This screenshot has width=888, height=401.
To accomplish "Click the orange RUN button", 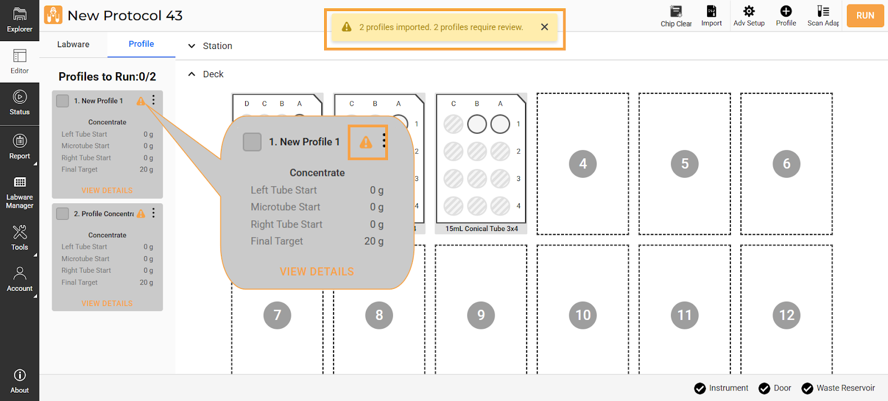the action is coord(865,16).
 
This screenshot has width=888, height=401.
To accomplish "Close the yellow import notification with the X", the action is coord(544,27).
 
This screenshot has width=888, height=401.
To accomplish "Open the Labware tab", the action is coord(73,44).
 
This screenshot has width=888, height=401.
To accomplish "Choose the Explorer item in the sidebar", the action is coord(19,20).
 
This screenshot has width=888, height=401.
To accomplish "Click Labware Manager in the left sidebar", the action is coord(19,193).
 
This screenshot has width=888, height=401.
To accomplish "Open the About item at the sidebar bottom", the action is coord(19,381).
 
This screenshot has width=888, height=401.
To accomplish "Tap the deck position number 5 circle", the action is coord(685,163).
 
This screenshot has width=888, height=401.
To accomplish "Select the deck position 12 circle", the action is coord(786,315).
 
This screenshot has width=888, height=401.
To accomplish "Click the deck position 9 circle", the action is coord(481,315).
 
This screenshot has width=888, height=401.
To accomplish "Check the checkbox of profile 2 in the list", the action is coord(62,213).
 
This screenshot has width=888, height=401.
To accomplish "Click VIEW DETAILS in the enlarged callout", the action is coord(317,272).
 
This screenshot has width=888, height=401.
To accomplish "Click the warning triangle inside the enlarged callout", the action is coord(366,142).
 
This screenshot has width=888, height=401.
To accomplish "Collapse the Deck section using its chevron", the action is coord(191,74).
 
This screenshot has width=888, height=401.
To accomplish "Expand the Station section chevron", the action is coord(191,46).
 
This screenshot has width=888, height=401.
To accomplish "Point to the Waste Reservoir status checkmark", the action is coord(807,388).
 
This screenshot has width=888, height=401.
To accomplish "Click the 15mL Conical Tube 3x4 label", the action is coord(481,228).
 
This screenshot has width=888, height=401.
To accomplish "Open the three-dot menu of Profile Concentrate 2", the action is coord(153,213).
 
